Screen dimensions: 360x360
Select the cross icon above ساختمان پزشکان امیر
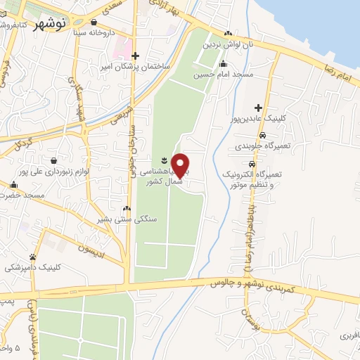pos(136,55)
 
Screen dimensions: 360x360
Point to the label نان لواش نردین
pos(226,44)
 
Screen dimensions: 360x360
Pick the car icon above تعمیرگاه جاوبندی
pos(262,135)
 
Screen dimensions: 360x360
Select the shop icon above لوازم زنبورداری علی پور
pos(53,160)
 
